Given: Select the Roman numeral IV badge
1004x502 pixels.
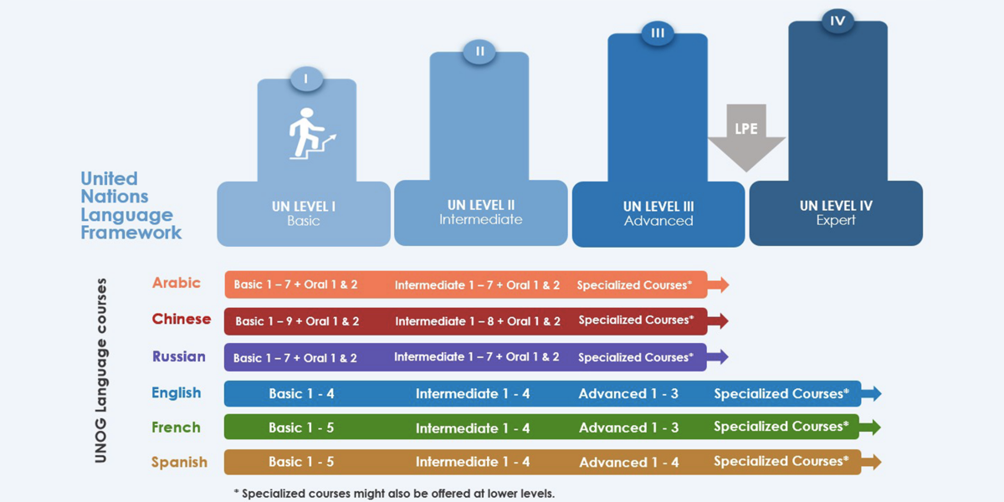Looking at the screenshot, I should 838,21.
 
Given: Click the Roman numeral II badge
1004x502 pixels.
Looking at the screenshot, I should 479,51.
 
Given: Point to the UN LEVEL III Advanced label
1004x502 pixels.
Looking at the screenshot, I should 658,213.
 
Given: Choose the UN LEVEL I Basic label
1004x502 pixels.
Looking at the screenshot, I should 304,213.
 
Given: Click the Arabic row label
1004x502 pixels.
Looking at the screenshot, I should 177,283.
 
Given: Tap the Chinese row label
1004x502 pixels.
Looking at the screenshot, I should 182,319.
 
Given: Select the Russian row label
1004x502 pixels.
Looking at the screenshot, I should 179,356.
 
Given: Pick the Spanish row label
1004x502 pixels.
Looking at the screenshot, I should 179,462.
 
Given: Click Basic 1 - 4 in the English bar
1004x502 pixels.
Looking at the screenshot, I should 301,393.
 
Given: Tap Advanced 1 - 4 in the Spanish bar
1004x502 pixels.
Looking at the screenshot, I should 629,462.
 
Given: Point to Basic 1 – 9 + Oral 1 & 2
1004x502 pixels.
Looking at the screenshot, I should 297,321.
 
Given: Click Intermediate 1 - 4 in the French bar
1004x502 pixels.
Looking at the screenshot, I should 473,428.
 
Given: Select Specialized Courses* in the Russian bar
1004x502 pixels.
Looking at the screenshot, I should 636,357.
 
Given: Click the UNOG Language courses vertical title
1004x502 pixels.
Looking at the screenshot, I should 101,370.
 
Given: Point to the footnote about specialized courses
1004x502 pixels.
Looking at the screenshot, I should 394,494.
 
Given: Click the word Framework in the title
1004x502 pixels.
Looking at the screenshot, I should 131,233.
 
